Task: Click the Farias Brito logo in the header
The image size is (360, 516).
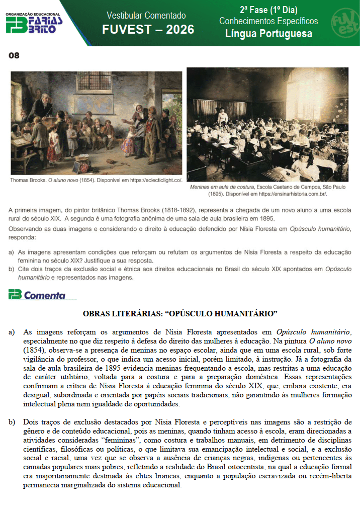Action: point(34,23)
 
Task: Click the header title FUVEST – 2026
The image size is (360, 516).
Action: point(148,30)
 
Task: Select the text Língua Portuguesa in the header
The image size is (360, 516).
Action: point(268,34)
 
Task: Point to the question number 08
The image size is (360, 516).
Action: point(14,55)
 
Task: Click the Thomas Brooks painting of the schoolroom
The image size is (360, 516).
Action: point(97,123)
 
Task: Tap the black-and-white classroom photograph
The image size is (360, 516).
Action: point(267,124)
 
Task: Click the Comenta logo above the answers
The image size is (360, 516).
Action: point(37,295)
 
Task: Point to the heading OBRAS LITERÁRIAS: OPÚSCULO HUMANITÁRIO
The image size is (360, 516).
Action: point(180,314)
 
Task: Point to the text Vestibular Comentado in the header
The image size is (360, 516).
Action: point(146,16)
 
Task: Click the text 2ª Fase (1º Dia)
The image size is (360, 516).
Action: point(268,10)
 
